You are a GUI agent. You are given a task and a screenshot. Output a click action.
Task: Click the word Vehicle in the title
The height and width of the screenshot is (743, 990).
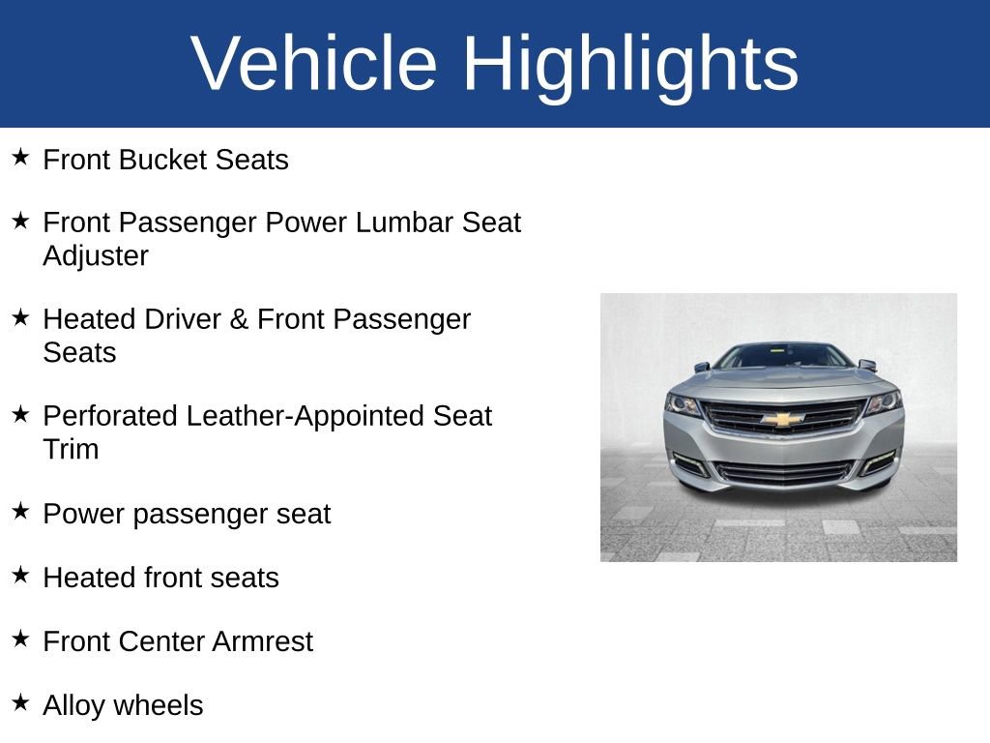[314, 64]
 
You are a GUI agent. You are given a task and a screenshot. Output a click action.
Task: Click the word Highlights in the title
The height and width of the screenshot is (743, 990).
[630, 64]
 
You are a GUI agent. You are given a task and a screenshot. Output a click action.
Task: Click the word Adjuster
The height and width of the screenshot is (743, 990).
[96, 256]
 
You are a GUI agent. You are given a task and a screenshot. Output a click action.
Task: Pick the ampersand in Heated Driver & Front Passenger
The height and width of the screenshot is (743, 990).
[239, 319]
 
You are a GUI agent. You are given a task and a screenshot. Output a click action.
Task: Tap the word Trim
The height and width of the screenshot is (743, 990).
[71, 450]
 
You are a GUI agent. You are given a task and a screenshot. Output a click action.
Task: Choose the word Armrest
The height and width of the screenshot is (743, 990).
[262, 641]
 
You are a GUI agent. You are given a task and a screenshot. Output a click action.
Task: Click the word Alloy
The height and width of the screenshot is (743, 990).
[74, 705]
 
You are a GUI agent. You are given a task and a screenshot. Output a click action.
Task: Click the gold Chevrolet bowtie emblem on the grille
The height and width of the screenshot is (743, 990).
[782, 419]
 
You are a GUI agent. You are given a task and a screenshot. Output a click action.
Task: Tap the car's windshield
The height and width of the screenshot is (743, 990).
[783, 355]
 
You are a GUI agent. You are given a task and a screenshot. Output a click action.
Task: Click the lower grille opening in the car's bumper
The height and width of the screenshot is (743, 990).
[783, 472]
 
